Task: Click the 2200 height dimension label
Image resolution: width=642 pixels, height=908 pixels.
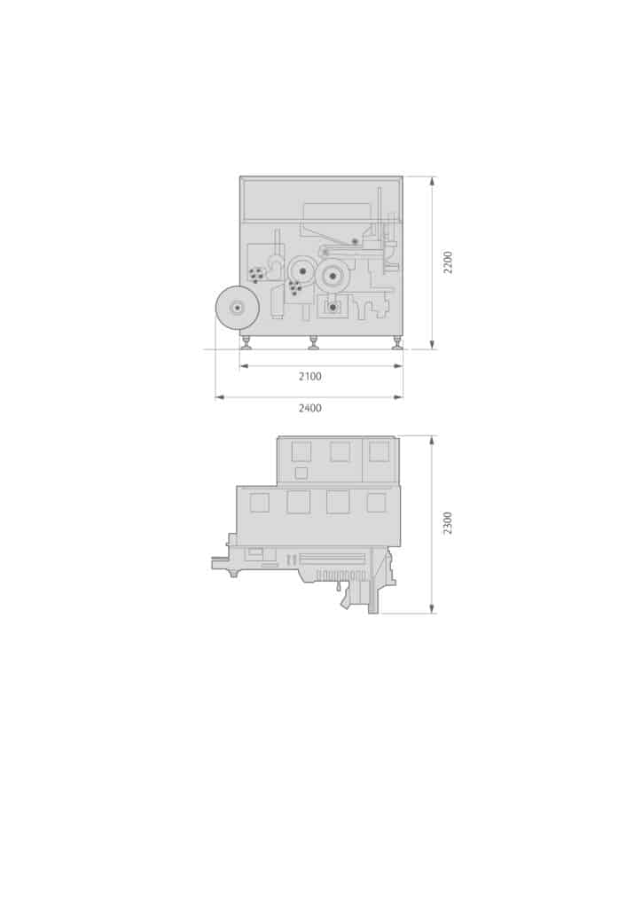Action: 448,262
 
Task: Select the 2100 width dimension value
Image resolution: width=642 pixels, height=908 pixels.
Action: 309,376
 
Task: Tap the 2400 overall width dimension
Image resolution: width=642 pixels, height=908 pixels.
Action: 309,408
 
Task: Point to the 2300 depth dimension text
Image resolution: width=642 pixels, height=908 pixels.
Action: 448,522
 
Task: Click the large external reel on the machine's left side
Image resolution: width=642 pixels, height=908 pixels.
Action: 237,307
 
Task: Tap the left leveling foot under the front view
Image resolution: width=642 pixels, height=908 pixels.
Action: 246,341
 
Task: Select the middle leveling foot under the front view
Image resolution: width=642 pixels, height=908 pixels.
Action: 313,341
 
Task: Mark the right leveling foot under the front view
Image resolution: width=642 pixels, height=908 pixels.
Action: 396,341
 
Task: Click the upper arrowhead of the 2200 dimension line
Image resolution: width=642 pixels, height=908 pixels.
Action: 432,180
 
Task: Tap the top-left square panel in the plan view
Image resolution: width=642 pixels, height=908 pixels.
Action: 301,451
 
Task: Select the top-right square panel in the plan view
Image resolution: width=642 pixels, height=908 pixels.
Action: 379,451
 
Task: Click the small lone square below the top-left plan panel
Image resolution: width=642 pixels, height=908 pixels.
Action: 301,473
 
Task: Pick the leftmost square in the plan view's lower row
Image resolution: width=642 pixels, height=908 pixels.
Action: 259,502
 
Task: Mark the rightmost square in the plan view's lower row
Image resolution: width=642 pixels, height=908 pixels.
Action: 376,502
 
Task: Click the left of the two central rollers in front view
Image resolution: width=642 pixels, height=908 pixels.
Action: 302,270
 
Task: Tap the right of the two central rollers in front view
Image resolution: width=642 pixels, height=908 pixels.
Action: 333,276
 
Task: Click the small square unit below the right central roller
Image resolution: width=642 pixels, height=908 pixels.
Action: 333,307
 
